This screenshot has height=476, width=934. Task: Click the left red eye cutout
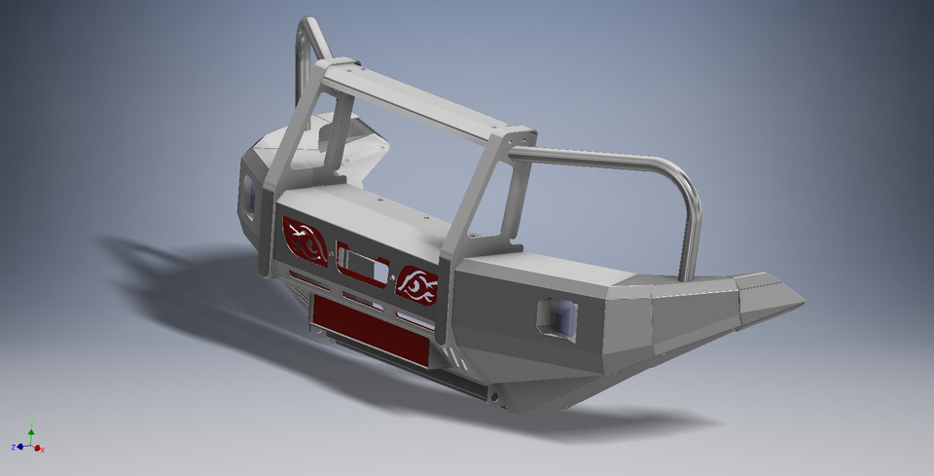pyautogui.click(x=305, y=240)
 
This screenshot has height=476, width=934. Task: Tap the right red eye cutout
pyautogui.click(x=416, y=284)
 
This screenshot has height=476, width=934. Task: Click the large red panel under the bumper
pyautogui.click(x=370, y=329)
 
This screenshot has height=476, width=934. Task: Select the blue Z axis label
pyautogui.click(x=15, y=447)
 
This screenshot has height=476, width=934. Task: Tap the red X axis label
pyautogui.click(x=43, y=449)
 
